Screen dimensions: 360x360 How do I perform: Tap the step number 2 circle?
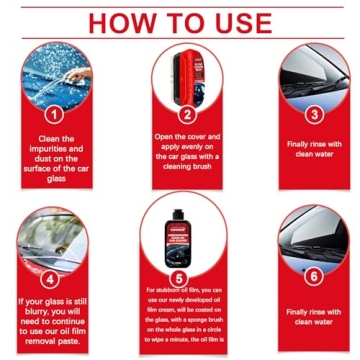click(185, 113)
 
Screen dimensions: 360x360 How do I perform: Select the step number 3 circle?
click(314, 114)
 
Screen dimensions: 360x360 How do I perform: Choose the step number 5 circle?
click(181, 276)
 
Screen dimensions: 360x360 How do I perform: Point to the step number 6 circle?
click(314, 276)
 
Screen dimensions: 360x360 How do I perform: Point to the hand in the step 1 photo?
click(75, 72)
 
